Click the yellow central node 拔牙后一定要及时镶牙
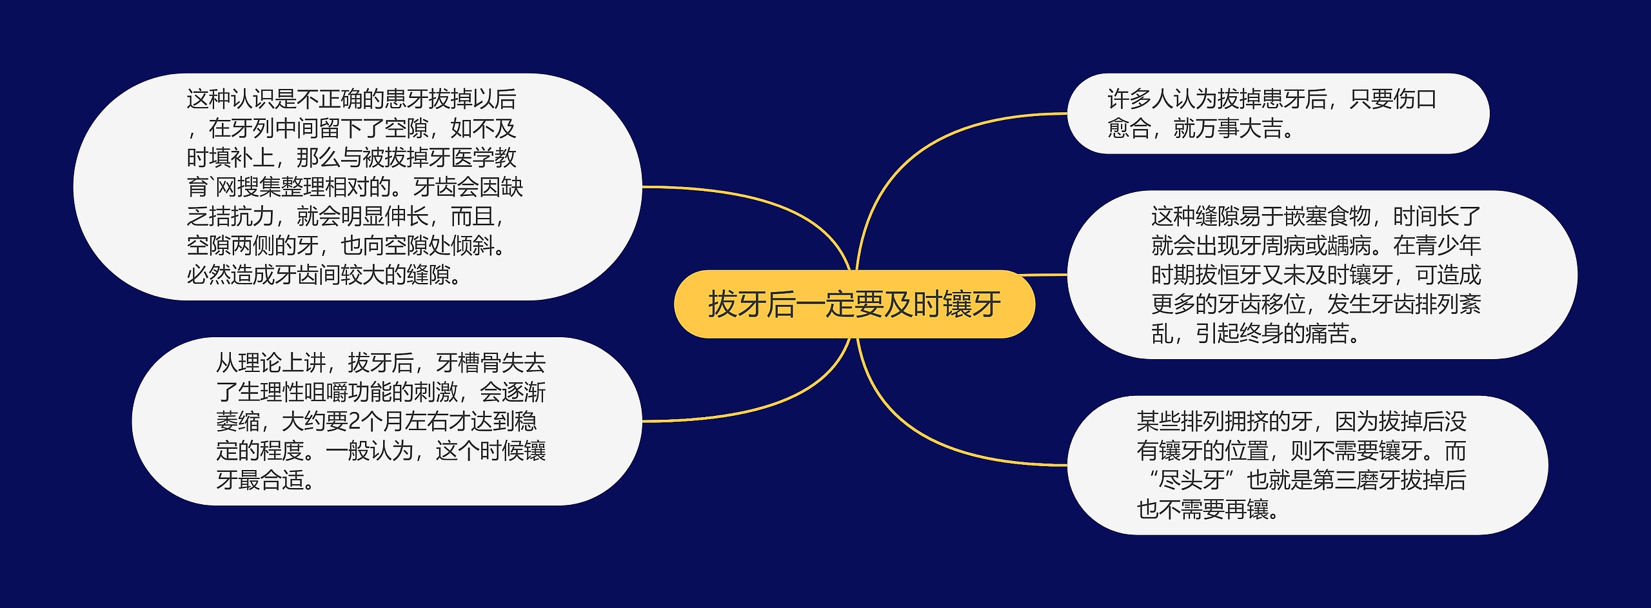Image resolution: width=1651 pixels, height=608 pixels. (854, 304)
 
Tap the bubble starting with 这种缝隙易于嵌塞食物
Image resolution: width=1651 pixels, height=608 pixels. (1322, 275)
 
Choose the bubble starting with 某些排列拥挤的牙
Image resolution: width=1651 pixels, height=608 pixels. (1307, 465)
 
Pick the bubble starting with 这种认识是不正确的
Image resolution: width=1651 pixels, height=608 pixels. (357, 186)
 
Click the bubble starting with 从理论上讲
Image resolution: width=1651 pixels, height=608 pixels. (386, 421)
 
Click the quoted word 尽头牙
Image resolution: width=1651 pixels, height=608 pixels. (1191, 480)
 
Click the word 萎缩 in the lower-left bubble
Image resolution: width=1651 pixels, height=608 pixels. (237, 422)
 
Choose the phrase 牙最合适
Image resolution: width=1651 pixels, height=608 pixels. (260, 480)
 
